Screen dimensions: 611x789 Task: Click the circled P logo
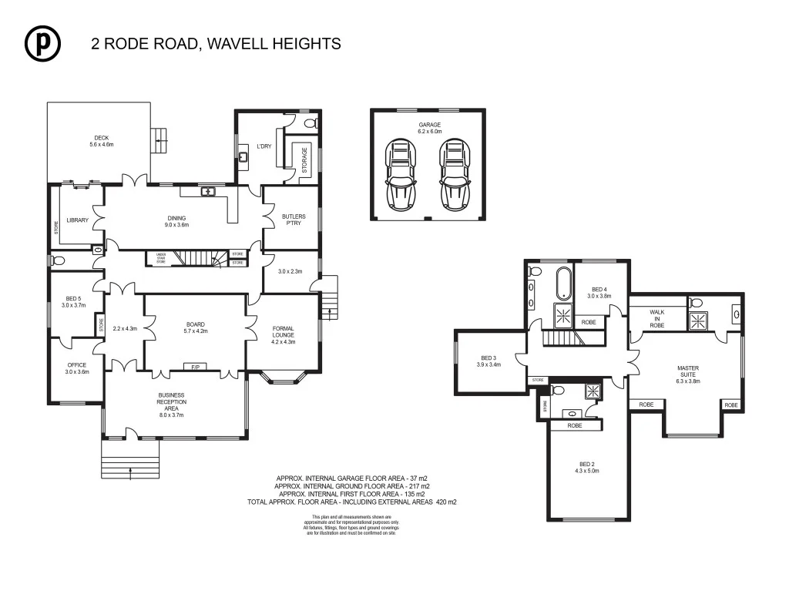click(x=42, y=44)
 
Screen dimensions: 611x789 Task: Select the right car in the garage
click(x=455, y=174)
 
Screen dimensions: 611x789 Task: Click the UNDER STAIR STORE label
click(x=161, y=258)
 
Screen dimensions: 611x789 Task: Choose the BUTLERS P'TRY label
click(x=293, y=220)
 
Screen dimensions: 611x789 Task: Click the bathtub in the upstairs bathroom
click(x=563, y=284)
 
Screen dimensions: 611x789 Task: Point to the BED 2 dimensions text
click(x=587, y=471)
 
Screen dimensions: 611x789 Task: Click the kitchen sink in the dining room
click(x=208, y=192)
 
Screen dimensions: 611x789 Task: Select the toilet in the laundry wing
click(x=311, y=123)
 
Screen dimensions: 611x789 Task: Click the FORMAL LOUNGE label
click(x=284, y=333)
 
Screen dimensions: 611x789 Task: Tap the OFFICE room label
click(x=76, y=368)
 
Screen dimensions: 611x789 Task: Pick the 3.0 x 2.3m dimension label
click(x=290, y=271)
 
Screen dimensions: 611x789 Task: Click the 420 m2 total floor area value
click(x=446, y=502)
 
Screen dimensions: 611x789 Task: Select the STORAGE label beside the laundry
click(x=304, y=159)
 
